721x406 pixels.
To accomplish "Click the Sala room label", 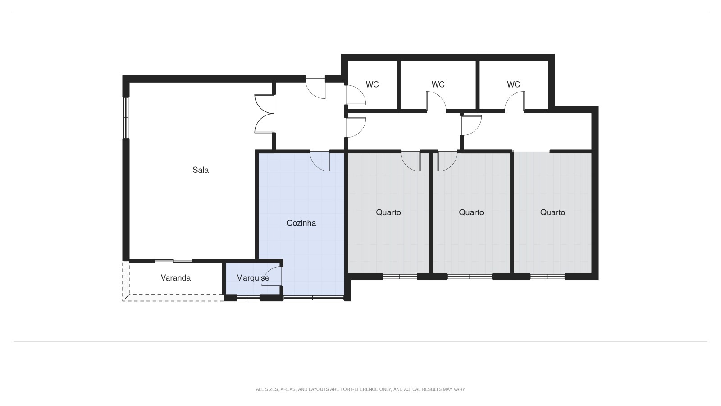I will [x=201, y=170].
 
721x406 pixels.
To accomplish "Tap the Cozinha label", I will [x=301, y=223].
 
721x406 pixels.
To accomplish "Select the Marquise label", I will [x=252, y=278].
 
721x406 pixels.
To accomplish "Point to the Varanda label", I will [x=176, y=278].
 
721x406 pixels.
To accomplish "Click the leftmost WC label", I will [x=372, y=84].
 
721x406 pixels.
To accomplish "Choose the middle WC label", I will [x=438, y=84].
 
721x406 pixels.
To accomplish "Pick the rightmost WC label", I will [x=513, y=84].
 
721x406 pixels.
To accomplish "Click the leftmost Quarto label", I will [x=388, y=212].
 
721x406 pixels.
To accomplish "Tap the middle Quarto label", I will [x=471, y=212].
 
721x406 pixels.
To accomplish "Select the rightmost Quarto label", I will [x=552, y=212].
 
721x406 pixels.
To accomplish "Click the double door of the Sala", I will [x=265, y=114].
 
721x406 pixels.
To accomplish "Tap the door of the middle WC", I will [x=436, y=101].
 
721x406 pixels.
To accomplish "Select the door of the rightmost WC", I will [x=515, y=101].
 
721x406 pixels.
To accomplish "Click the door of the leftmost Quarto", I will [x=411, y=161].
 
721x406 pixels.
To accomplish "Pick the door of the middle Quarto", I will [x=447, y=161].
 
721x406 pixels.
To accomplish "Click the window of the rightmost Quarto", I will [x=548, y=277].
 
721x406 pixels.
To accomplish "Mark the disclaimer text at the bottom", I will [x=360, y=389].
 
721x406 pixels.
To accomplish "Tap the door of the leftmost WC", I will [x=355, y=95].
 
